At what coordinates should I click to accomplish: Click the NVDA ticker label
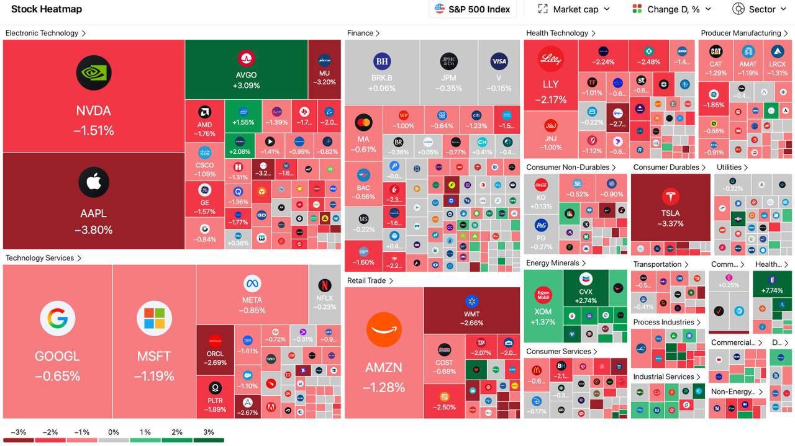93,111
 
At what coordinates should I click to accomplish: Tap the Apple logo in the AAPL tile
94,182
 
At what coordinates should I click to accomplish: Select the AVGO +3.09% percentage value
246,86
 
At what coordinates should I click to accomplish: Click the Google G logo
57,318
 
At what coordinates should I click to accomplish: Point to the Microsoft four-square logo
154,318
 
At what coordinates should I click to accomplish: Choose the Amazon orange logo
384,329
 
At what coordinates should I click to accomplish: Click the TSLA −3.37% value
670,224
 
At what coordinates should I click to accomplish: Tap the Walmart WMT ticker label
471,314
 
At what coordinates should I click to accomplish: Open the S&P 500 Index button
473,9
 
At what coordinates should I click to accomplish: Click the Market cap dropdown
575,9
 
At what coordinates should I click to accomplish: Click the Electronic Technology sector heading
42,33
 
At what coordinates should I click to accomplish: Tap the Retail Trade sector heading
366,281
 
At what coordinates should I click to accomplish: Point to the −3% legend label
17,432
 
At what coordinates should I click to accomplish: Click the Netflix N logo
324,285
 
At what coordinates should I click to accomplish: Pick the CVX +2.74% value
585,301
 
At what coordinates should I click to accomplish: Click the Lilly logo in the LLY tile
550,59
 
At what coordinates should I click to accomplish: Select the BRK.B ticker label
381,78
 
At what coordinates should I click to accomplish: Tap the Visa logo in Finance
499,61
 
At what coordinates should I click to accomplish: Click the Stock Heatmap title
47,9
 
